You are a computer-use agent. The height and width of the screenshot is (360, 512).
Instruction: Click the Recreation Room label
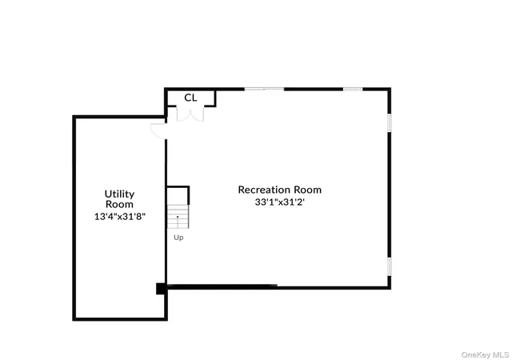tap(279, 190)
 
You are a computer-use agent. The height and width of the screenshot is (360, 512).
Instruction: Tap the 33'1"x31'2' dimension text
tap(279, 202)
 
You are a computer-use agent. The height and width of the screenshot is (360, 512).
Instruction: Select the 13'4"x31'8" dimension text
tap(119, 217)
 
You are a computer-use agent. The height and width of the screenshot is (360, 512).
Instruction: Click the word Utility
tap(119, 194)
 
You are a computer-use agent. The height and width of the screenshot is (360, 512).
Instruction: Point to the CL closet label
tap(190, 98)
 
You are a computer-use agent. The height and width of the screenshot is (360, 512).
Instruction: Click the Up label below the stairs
tap(178, 238)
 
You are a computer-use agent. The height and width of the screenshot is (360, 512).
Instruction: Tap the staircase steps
tap(178, 217)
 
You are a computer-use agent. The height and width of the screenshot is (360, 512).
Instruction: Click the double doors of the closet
tap(190, 114)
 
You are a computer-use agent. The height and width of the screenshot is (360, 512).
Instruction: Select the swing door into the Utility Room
tap(158, 131)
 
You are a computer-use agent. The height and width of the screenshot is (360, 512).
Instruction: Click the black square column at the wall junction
tap(161, 289)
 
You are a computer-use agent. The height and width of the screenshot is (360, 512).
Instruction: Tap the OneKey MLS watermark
tap(485, 354)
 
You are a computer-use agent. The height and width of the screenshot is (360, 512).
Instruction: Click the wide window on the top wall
tap(264, 89)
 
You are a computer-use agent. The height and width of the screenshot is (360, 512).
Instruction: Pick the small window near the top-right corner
tap(353, 89)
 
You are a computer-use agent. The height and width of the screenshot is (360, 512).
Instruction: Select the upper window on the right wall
tap(390, 122)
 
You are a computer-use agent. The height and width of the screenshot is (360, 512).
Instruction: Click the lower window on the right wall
tap(390, 266)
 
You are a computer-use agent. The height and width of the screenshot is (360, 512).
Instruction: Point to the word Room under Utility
tap(119, 205)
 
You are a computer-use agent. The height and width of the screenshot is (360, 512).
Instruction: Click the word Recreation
tap(264, 190)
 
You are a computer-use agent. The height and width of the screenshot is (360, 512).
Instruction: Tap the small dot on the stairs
tap(178, 217)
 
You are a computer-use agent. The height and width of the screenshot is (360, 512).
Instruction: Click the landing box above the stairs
tap(178, 195)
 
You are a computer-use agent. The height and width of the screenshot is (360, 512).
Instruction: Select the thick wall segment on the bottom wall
tap(222, 286)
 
